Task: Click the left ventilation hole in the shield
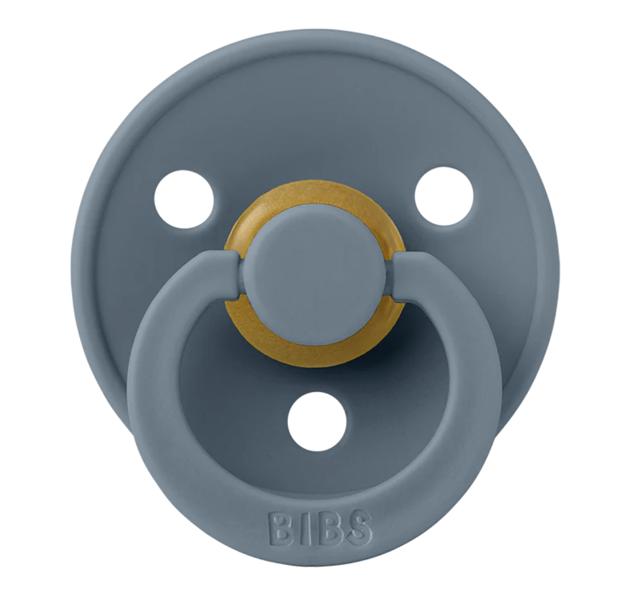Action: pyautogui.click(x=184, y=199)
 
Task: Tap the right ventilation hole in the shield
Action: pyautogui.click(x=444, y=196)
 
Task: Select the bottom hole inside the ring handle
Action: pyautogui.click(x=317, y=421)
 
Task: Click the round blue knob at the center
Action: pyautogui.click(x=316, y=274)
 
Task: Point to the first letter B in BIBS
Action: pyautogui.click(x=282, y=528)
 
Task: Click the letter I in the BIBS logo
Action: pyautogui.click(x=305, y=528)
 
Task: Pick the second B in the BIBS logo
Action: pyautogui.click(x=329, y=528)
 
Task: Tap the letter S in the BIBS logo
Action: pyautogui.click(x=358, y=528)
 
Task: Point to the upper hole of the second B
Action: pyautogui.click(x=328, y=520)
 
